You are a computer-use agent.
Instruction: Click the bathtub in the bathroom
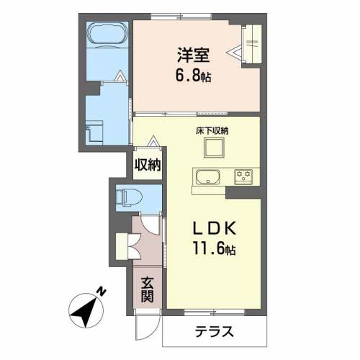point(108,35)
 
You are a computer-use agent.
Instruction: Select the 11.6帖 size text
point(215,251)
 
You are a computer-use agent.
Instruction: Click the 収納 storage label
point(147,165)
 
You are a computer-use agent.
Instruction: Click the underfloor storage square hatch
point(214,148)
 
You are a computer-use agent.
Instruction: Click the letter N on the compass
point(103,292)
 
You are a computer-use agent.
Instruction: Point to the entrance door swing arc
point(144,328)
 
